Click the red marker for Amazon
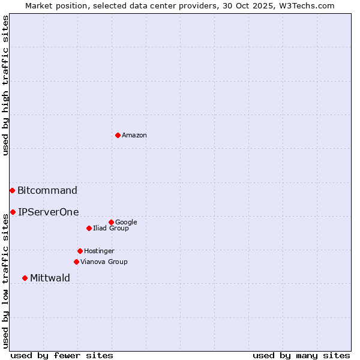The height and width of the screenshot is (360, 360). pos(118,135)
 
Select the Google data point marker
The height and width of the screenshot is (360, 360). pos(111,222)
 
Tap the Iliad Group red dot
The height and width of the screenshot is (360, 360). pos(89,228)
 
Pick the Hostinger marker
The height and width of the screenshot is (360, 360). pos(80,251)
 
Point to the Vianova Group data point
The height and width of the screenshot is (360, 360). pos(76,262)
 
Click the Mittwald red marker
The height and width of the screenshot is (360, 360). pos(25,278)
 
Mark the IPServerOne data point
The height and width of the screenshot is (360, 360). pos(13,212)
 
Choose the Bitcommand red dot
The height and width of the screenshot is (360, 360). pos(12,190)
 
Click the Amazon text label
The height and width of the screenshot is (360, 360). pos(134,136)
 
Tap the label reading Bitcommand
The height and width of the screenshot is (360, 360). pos(47,191)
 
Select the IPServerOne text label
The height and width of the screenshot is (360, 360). pos(48,212)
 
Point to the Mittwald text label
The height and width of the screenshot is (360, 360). pos(50,278)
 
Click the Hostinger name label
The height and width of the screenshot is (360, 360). pos(99,251)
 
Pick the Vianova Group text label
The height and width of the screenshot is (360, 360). pos(104,262)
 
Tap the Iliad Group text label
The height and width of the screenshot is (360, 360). pos(111,229)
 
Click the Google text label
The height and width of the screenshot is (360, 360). pos(126,223)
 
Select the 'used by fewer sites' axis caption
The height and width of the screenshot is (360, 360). pos(62,355)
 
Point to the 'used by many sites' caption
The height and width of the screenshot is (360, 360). pos(301,355)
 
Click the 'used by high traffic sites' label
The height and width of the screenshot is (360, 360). pos(6,85)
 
